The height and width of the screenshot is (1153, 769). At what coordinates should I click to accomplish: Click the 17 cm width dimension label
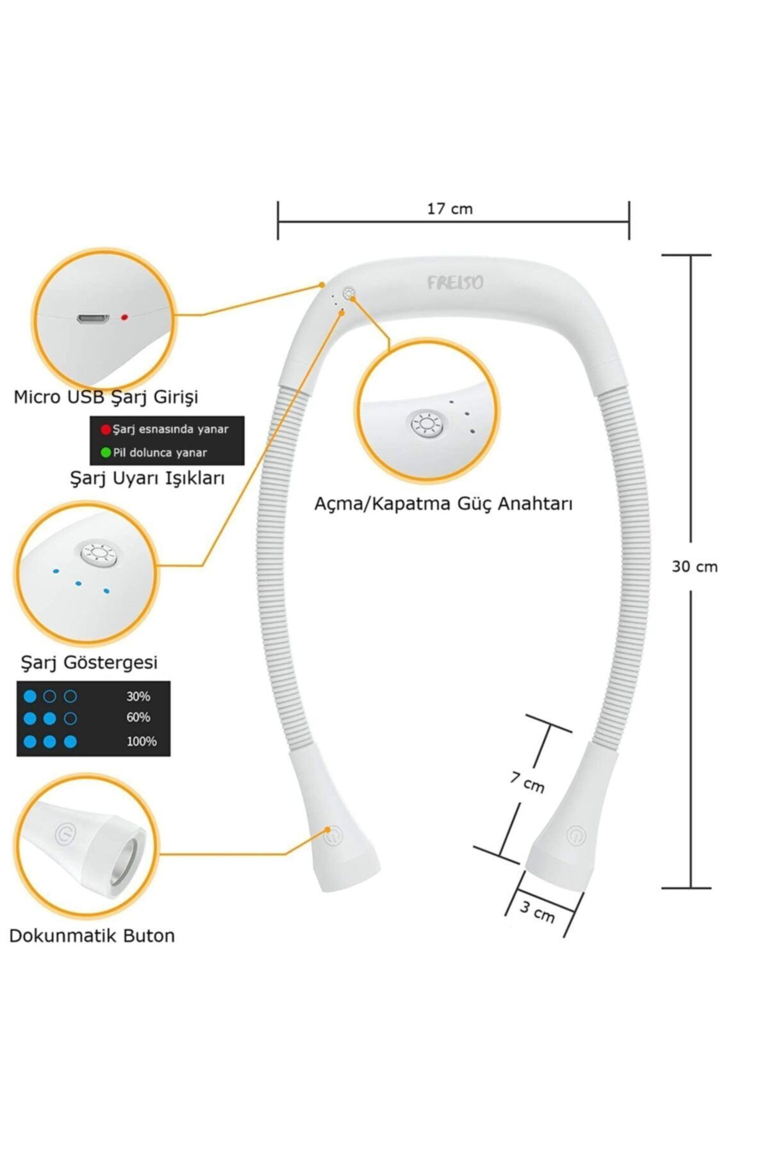click(x=450, y=209)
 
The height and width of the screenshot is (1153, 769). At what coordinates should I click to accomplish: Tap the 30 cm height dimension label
click(x=695, y=566)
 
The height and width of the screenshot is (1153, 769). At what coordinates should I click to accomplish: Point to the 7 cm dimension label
click(x=527, y=781)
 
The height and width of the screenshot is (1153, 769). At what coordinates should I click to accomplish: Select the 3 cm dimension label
click(x=537, y=912)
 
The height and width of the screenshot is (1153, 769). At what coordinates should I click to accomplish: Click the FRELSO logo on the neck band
click(x=455, y=282)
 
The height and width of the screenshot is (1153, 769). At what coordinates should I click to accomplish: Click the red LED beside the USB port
click(x=124, y=317)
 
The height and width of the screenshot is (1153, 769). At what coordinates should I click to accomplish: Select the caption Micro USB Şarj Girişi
click(x=106, y=397)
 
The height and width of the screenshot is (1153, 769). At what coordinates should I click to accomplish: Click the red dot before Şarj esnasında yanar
click(x=106, y=429)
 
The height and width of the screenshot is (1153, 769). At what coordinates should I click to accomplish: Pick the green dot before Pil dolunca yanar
click(x=106, y=453)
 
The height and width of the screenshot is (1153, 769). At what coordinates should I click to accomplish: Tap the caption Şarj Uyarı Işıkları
click(x=147, y=478)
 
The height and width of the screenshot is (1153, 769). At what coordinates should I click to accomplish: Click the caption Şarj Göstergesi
click(x=89, y=662)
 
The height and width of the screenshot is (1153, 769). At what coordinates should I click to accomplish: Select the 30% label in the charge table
click(x=138, y=696)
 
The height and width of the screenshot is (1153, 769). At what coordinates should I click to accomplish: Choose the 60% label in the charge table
click(x=138, y=717)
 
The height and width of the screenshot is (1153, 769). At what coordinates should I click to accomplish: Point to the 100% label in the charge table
click(x=142, y=741)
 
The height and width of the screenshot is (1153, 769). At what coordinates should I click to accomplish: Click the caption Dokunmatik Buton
click(x=92, y=936)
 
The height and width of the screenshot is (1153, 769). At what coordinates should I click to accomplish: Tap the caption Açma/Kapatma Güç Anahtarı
click(x=443, y=503)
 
